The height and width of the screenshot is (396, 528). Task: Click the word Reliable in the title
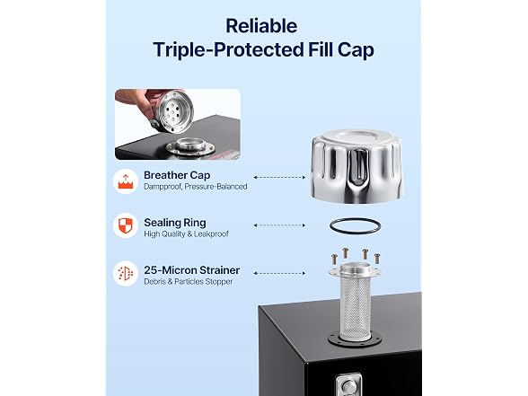[261, 26]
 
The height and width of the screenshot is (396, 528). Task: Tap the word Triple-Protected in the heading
[228, 50]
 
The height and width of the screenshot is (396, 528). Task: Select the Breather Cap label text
[177, 175]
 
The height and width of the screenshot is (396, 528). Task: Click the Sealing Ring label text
[175, 223]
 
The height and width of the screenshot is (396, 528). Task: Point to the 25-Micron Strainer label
[191, 270]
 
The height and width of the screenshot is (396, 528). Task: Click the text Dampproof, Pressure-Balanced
[196, 187]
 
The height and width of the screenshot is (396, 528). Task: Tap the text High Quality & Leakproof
[186, 233]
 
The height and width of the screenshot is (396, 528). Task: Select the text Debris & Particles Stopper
[189, 282]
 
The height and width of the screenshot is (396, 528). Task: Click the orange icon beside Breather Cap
[126, 181]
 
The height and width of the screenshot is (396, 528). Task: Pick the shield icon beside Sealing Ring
[126, 225]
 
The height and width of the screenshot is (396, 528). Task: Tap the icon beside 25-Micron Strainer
[126, 273]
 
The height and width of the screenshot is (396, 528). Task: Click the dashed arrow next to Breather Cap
[279, 177]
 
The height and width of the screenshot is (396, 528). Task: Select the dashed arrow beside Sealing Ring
[279, 224]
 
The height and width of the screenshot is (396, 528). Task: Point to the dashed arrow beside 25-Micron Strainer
[279, 273]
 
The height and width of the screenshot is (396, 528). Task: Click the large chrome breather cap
[356, 166]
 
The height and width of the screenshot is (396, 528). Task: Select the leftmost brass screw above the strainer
[334, 259]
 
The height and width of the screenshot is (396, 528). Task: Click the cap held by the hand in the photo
[172, 111]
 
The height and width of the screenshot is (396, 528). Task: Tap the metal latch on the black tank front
[348, 385]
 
